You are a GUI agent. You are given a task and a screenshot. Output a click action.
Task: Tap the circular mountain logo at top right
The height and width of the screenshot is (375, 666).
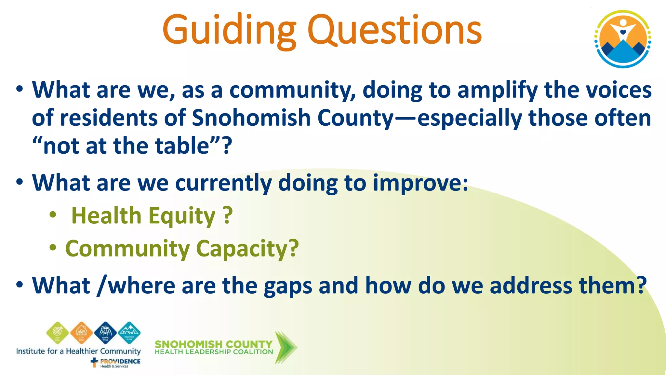(x=622, y=39)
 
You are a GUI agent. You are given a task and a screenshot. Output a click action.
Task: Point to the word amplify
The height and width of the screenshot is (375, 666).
(x=497, y=90)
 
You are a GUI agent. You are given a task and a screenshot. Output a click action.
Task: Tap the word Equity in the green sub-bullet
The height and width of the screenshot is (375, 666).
(x=182, y=216)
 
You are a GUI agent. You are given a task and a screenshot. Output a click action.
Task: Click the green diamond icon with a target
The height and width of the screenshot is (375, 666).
(x=58, y=333)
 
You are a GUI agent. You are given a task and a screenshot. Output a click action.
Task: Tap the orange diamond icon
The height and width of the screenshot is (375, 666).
(x=82, y=333)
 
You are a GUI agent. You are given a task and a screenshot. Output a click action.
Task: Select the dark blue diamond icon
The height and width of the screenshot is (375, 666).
(x=105, y=333)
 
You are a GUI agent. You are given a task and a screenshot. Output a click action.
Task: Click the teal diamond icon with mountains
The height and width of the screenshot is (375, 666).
(x=129, y=333)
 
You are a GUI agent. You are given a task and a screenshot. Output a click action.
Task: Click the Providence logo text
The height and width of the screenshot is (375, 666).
(x=120, y=362)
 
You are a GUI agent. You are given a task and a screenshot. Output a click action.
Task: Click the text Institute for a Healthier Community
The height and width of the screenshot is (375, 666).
(x=78, y=351)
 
